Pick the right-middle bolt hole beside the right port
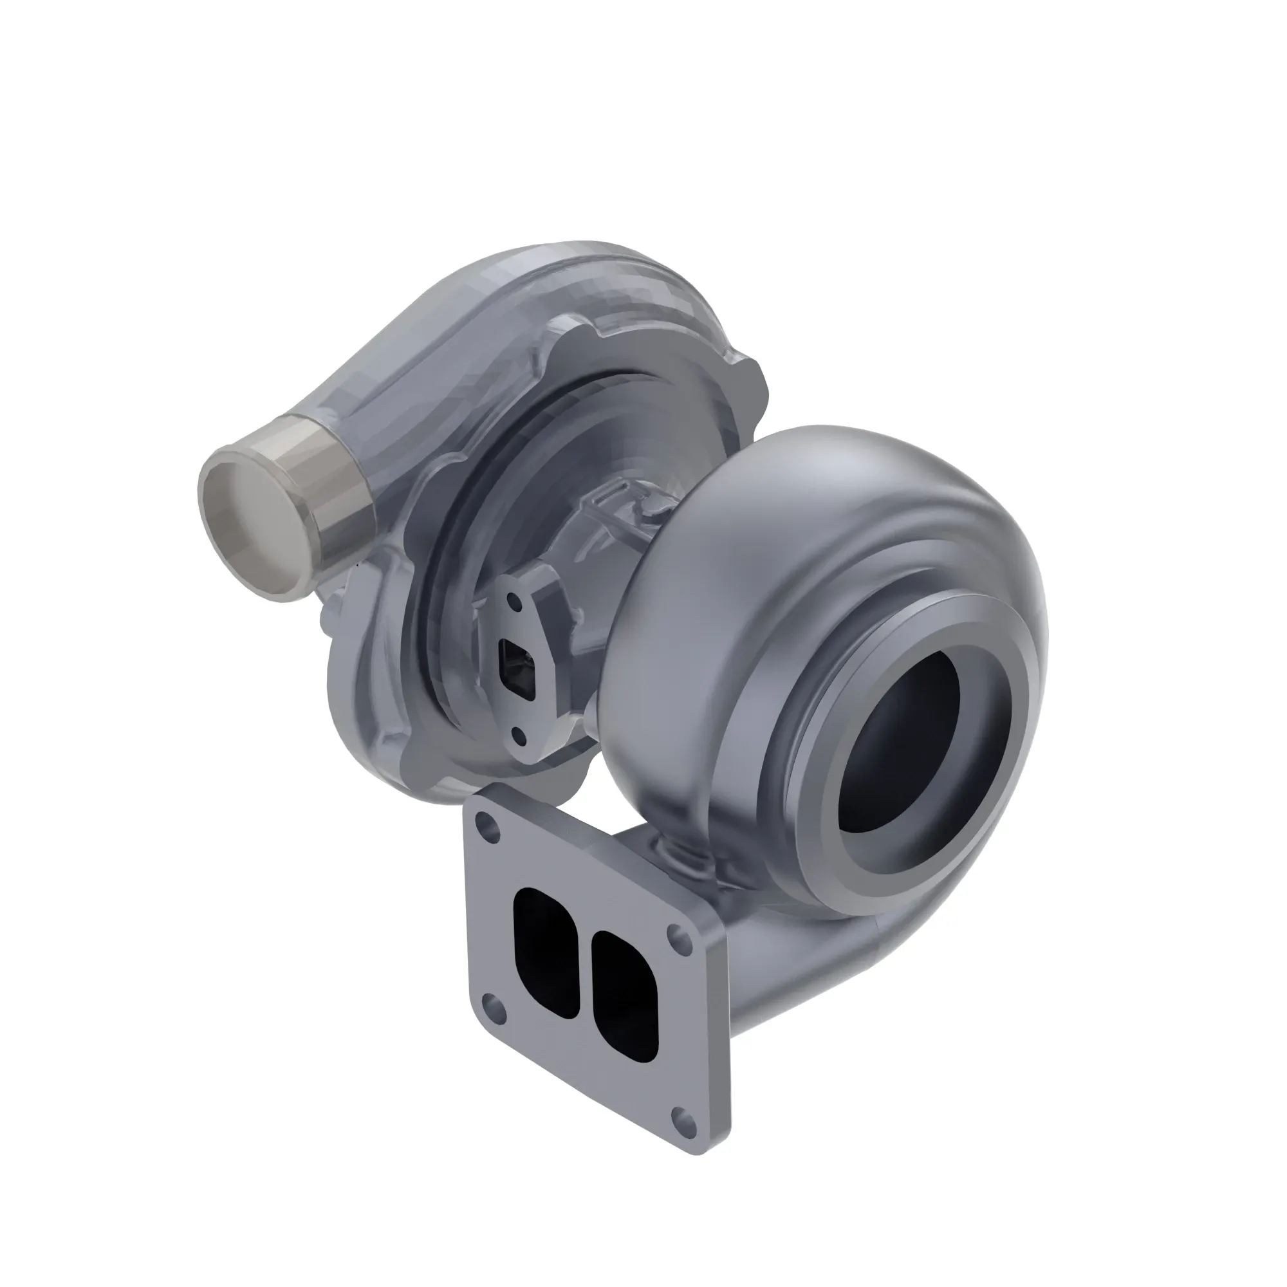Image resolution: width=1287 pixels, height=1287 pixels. (680, 932)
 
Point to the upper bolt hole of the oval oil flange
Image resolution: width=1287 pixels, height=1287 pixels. (514, 602)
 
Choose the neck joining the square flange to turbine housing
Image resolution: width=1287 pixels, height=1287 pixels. (766, 952)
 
